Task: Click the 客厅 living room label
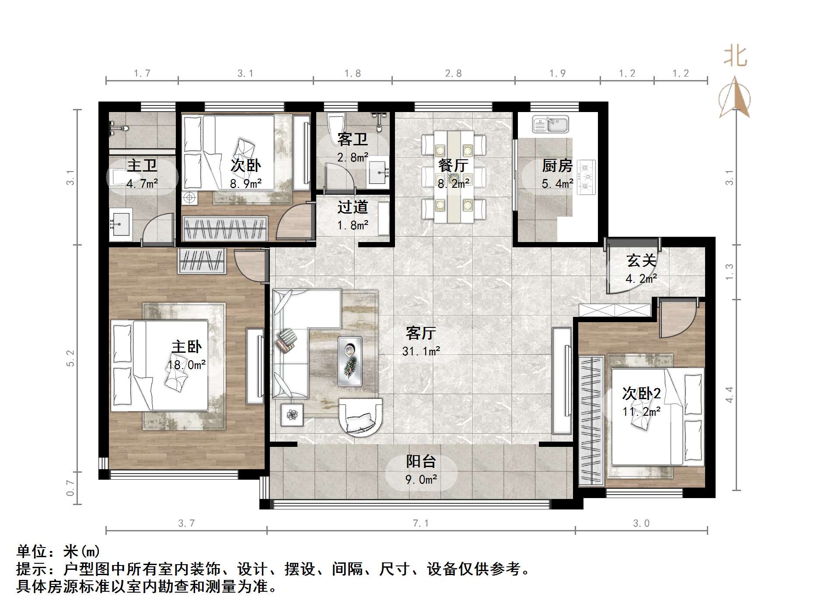420,334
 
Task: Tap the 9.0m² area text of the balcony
421,480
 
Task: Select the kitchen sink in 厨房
550,125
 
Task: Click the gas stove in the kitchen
586,177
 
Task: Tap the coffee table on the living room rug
350,361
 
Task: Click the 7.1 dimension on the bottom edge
420,523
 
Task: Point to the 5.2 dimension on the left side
70,358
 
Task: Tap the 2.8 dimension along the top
453,74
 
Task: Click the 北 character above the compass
735,56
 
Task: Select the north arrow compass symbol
735,98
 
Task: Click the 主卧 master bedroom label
186,347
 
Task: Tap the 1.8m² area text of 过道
353,225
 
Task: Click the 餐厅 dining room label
453,165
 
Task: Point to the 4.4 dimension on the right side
729,395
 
